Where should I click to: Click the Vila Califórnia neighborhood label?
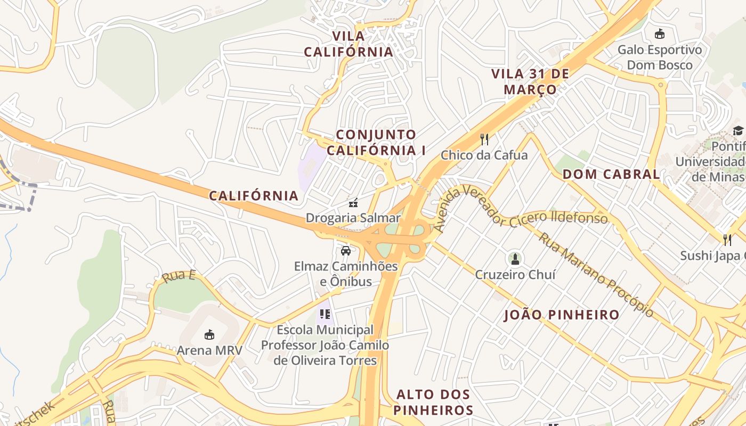click(348, 44)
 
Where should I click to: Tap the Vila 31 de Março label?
click(530, 81)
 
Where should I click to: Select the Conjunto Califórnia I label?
click(376, 142)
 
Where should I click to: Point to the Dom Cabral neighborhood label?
click(611, 174)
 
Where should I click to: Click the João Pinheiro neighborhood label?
click(562, 315)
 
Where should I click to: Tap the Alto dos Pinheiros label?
click(434, 403)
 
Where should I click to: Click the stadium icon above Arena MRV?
click(209, 335)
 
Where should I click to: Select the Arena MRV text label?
click(209, 350)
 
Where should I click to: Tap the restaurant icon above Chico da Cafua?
click(484, 140)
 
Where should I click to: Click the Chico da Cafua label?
click(484, 155)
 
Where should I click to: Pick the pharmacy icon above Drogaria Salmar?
click(353, 202)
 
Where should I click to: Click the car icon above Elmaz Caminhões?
click(346, 250)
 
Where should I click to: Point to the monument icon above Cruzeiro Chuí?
click(515, 259)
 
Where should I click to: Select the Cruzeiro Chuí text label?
click(515, 275)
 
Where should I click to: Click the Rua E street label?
click(179, 276)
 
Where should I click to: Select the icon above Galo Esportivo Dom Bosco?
click(660, 34)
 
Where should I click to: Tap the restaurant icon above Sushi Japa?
click(727, 240)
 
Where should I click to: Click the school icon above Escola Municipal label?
click(325, 314)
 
